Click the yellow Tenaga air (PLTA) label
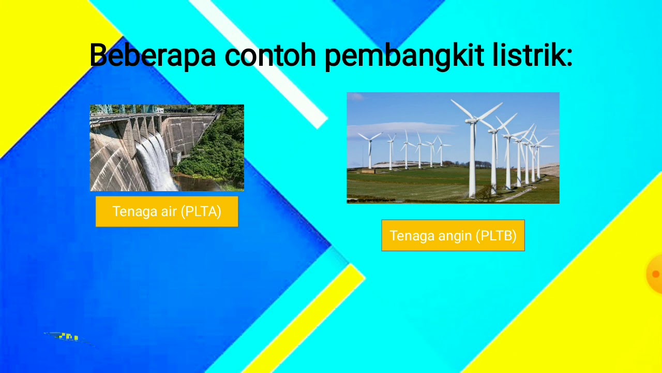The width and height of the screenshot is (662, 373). [167, 211]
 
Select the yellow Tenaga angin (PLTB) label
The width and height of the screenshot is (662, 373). [453, 236]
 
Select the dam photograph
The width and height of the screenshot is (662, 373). [167, 148]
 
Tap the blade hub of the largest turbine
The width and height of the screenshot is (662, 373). [472, 121]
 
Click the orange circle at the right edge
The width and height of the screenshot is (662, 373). [655, 274]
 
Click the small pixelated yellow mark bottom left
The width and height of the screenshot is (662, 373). [68, 337]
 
